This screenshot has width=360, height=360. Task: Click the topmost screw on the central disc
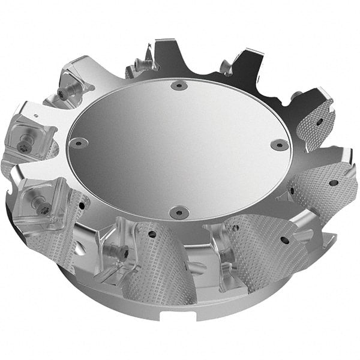[178, 86]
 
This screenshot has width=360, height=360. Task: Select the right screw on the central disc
[280, 145]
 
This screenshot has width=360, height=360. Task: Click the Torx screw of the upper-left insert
[62, 94]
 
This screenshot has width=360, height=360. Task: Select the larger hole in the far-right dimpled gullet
[333, 183]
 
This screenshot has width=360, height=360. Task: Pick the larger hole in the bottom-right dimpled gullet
[284, 240]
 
